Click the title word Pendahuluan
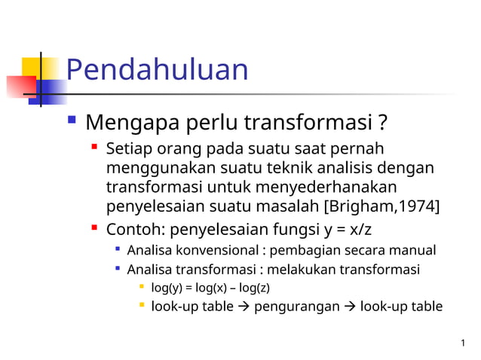pyautogui.click(x=157, y=70)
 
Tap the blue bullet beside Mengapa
pyautogui.click(x=72, y=120)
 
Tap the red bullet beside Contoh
pyautogui.click(x=94, y=227)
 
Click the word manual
pyautogui.click(x=415, y=249)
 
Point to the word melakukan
pyautogui.click(x=310, y=269)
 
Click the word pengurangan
pyautogui.click(x=296, y=307)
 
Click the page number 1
pyautogui.click(x=461, y=344)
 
